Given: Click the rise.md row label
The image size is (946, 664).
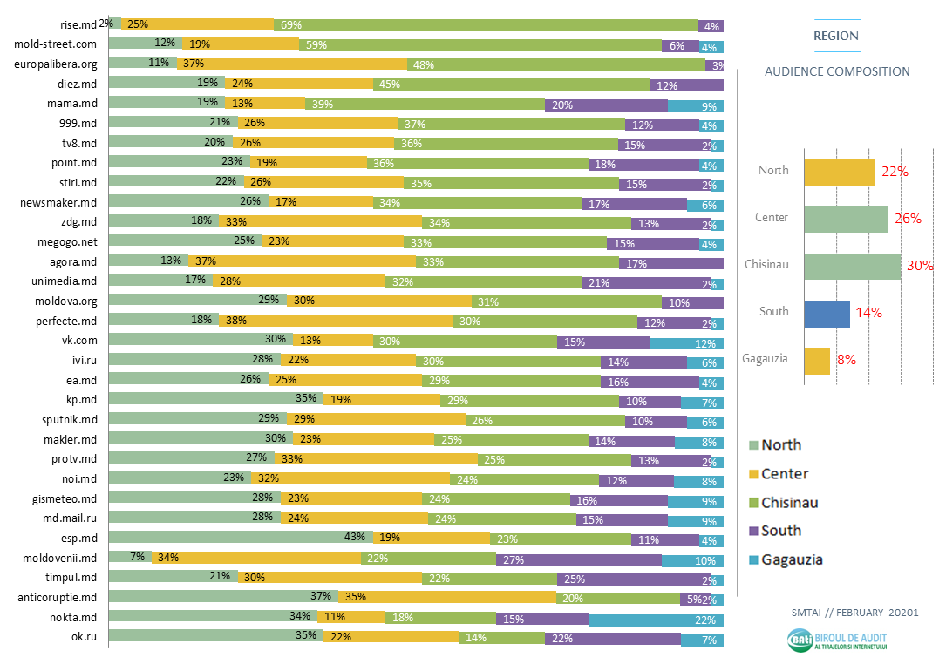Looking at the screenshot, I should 78,24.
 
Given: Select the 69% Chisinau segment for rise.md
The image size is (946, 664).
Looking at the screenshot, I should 485,25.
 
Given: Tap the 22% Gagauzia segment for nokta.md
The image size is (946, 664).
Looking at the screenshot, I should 656,620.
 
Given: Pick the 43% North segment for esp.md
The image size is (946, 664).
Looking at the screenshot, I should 241,539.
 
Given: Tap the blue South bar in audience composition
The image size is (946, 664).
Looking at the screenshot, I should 827,314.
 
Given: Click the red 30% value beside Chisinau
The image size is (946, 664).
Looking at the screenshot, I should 919,266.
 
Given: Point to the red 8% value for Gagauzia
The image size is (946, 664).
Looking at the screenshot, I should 847,359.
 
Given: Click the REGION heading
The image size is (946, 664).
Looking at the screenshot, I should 836,37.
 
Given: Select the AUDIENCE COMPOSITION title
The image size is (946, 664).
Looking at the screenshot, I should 837,72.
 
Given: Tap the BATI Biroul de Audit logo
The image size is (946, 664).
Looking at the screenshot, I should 842,641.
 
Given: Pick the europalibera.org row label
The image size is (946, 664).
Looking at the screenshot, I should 55,64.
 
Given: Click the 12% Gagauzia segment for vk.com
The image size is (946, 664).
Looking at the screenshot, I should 686,342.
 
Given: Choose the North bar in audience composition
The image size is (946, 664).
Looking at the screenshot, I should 839,172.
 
